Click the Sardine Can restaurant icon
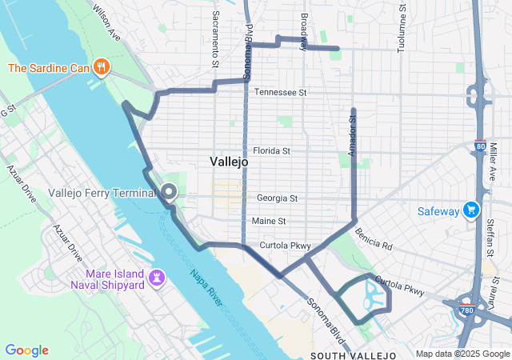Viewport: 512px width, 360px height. pos(101,67)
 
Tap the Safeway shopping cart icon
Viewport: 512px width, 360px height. pos(472,211)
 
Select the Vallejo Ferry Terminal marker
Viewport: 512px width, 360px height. pos(170,192)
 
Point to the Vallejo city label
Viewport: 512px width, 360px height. pos(229,162)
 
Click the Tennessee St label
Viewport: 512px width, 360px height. pos(281,93)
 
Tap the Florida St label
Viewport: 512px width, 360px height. pos(271,150)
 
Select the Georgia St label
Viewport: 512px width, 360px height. pos(277,198)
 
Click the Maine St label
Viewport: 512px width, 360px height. pos(268,221)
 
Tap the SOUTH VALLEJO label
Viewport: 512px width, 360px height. pos(354,354)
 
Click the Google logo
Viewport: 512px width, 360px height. pos(26,350)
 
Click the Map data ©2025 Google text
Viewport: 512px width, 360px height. pos(462,354)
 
